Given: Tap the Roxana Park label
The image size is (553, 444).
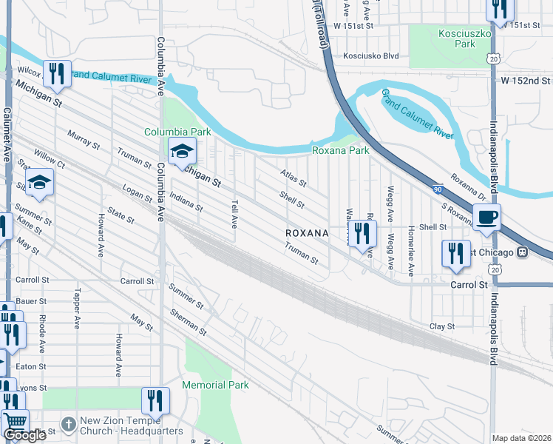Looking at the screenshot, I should (x=340, y=150).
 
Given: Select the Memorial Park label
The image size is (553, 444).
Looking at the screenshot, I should (x=215, y=385).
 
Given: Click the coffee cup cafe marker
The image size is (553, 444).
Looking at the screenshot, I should (x=486, y=218).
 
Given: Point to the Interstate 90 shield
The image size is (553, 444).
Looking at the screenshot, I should (x=438, y=190).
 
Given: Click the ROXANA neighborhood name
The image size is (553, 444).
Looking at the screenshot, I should (x=307, y=232).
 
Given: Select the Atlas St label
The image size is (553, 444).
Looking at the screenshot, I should (x=293, y=178).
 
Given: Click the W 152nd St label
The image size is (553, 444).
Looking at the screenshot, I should (x=526, y=80).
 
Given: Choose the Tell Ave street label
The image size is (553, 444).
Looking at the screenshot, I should (x=234, y=212).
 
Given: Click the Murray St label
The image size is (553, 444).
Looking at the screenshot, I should (x=83, y=139).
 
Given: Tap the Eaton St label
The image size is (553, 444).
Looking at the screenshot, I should (x=31, y=366).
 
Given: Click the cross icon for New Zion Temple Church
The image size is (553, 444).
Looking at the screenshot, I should (x=68, y=425).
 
